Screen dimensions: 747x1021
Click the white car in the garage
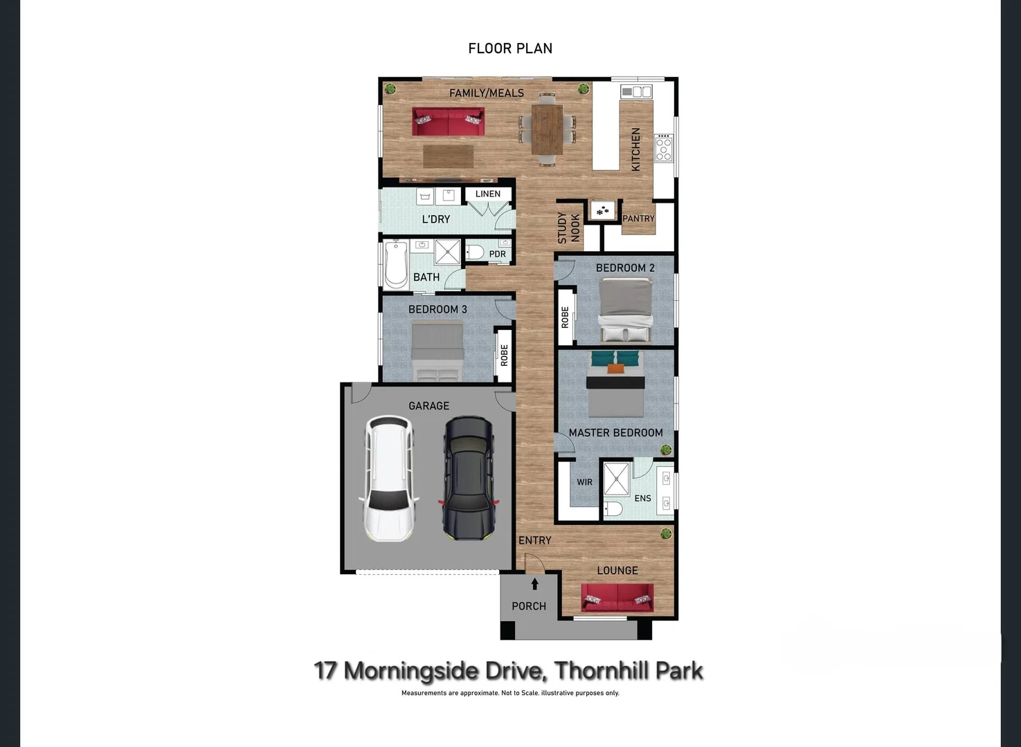[389, 477]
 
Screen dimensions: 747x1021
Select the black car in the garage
[469, 477]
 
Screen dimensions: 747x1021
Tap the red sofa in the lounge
[617, 598]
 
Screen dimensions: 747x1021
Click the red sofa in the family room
[448, 122]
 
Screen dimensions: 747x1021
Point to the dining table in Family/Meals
[547, 129]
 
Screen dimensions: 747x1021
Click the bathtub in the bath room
[396, 264]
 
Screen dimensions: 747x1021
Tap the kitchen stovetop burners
[663, 148]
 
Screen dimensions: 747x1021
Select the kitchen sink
[636, 91]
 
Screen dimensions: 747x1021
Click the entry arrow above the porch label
[534, 584]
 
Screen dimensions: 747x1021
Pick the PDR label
[497, 254]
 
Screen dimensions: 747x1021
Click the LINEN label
[488, 194]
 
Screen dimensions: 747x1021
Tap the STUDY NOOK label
[568, 228]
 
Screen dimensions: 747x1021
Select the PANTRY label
[638, 219]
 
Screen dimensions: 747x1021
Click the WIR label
[585, 482]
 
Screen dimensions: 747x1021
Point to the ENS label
[642, 498]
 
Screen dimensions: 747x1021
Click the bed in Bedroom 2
[626, 309]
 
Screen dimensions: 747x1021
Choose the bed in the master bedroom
[615, 384]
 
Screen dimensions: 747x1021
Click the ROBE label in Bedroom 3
[504, 356]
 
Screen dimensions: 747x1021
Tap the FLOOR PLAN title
[510, 48]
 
